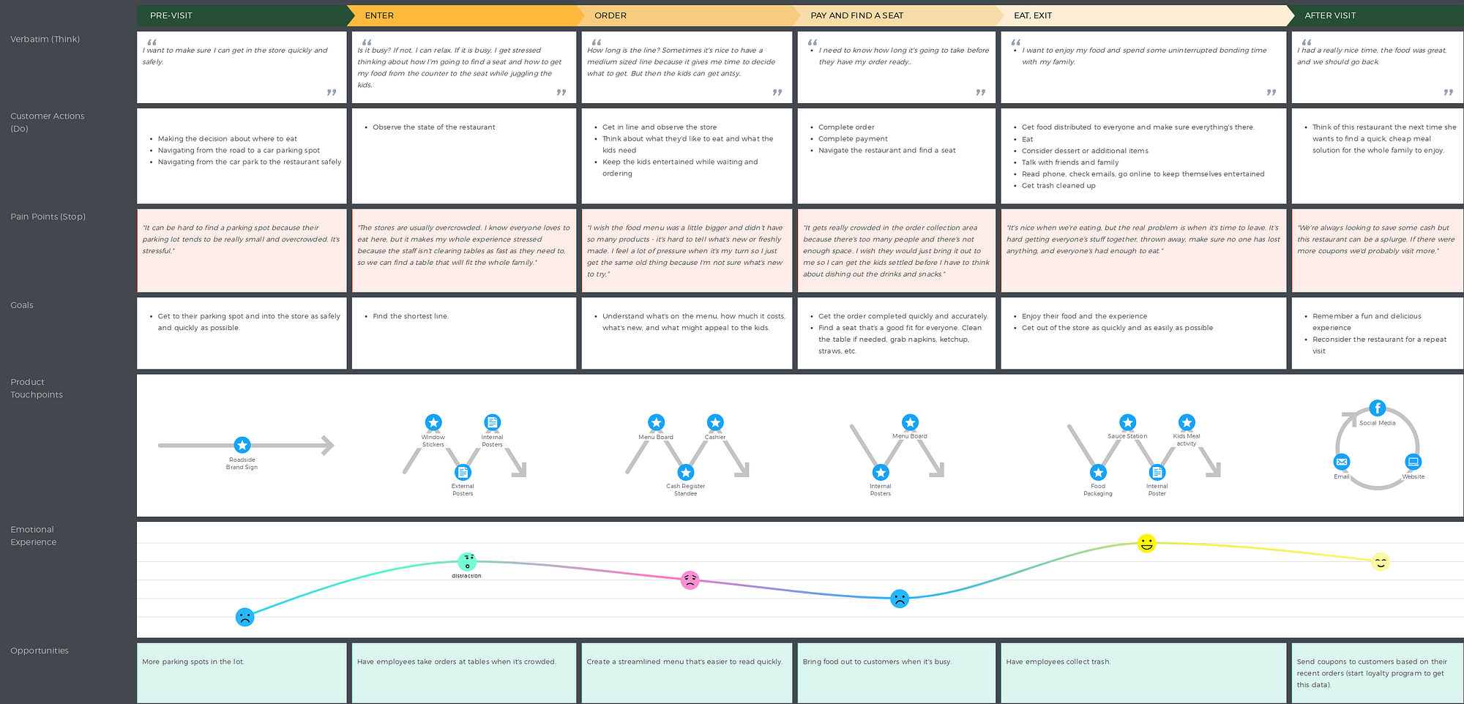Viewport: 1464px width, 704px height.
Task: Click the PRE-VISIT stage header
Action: coord(171,15)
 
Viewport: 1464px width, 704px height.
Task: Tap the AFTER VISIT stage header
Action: coord(1330,15)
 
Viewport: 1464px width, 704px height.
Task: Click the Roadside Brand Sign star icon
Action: coord(242,445)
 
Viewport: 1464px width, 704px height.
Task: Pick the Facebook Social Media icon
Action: coord(1377,408)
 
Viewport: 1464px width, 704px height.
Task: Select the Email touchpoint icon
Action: coord(1341,462)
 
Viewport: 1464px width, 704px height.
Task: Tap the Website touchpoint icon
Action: coord(1413,462)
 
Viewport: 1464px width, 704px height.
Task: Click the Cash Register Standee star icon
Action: coord(685,473)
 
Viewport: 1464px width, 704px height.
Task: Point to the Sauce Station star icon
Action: coord(1127,422)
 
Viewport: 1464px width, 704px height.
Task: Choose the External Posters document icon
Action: coord(463,473)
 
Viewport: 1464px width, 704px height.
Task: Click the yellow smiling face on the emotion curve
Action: coord(1146,544)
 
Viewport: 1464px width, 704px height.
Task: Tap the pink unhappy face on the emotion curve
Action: coord(690,580)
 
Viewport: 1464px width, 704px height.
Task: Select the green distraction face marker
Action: coord(467,561)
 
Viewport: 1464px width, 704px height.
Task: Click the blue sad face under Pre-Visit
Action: coord(244,617)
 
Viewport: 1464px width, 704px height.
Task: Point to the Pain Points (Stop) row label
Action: coord(48,217)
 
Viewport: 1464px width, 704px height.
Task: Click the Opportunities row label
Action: coord(40,651)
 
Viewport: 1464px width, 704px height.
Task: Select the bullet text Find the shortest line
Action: coord(410,316)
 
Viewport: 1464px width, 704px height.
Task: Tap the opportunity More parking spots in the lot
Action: coord(193,662)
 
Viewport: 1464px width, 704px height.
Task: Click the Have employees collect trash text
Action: coord(1058,662)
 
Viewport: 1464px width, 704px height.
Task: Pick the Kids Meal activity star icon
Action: coord(1187,422)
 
